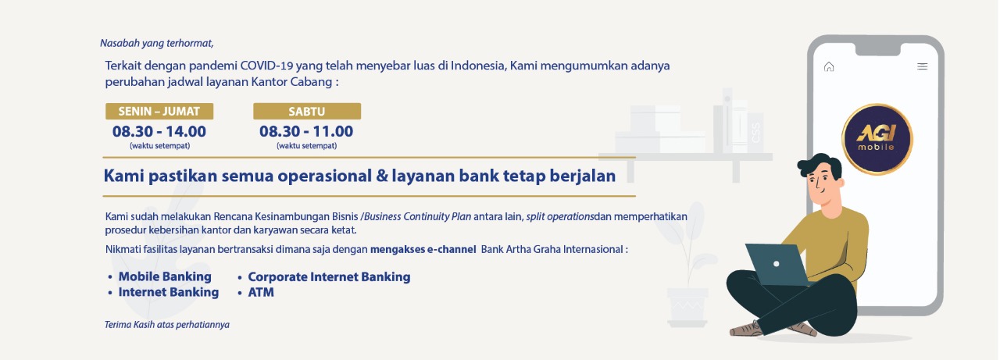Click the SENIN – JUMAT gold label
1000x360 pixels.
coord(159,111)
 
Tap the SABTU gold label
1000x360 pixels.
coord(307,111)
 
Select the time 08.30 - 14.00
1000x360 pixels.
coord(159,132)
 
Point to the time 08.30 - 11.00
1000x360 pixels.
coord(306,132)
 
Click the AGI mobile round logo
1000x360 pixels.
coord(877,139)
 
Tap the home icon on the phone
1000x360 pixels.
coord(829,66)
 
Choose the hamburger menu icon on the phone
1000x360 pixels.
coord(923,66)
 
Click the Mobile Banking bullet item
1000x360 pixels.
coord(160,276)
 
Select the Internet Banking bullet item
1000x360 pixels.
coord(163,292)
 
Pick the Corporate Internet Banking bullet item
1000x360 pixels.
coord(324,277)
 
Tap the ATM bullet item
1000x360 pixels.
coord(255,293)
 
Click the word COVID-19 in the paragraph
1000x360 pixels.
coord(266,66)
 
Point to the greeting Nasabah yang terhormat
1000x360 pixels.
coord(157,43)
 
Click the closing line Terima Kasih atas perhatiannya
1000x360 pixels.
coord(167,325)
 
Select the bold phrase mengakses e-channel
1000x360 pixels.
coord(423,249)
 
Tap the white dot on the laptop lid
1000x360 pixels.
coord(777,264)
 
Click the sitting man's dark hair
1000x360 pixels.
coord(820,165)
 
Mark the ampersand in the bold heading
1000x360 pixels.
coord(382,176)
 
